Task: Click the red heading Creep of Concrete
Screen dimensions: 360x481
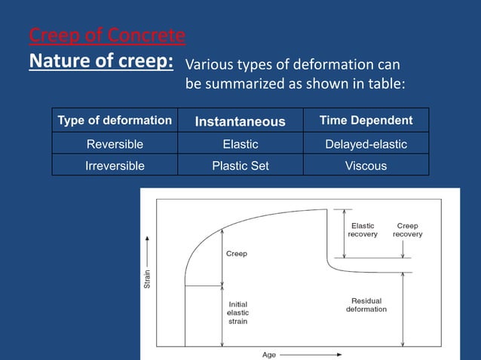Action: [107, 35]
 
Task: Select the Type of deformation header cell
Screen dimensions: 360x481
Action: [115, 121]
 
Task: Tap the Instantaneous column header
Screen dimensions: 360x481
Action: [240, 121]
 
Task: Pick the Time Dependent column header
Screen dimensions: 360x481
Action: [366, 121]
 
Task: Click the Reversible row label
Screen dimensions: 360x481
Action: [115, 144]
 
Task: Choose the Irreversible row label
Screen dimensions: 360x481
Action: [115, 166]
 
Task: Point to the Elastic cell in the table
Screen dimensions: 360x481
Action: [240, 144]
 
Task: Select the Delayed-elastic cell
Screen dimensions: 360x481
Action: [366, 144]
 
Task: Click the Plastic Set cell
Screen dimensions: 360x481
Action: [240, 166]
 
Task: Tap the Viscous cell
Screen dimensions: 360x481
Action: [366, 166]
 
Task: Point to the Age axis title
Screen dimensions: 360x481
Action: [269, 354]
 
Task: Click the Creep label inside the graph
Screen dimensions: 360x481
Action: [237, 254]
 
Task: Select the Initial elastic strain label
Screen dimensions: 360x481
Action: [238, 313]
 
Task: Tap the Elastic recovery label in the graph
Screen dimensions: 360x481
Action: [362, 230]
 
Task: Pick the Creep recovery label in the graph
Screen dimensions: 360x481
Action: [407, 230]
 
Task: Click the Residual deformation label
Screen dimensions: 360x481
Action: [366, 305]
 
